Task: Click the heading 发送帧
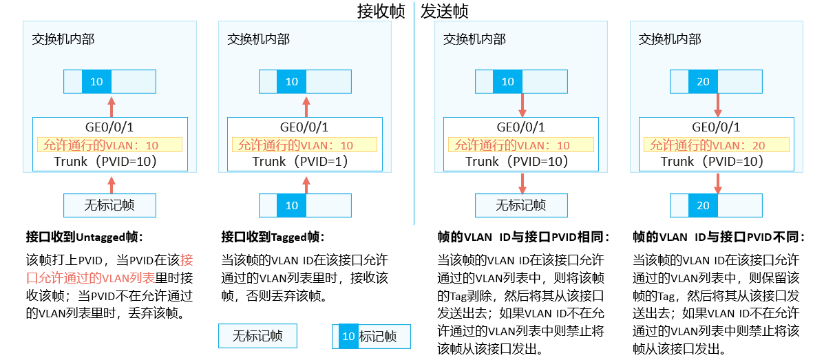[x=445, y=12]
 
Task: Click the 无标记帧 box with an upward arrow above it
[x=109, y=205]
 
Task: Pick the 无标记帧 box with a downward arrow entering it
[x=521, y=205]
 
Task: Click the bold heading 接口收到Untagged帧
[x=84, y=237]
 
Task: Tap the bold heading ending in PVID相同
[x=524, y=237]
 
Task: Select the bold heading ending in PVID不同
[x=719, y=237]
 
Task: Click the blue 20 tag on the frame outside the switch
[x=703, y=205]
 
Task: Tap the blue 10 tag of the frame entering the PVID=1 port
[x=292, y=205]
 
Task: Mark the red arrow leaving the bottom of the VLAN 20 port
[x=717, y=182]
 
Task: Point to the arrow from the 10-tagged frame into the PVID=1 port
[x=306, y=182]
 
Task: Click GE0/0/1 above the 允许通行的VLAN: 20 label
[x=717, y=127]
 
